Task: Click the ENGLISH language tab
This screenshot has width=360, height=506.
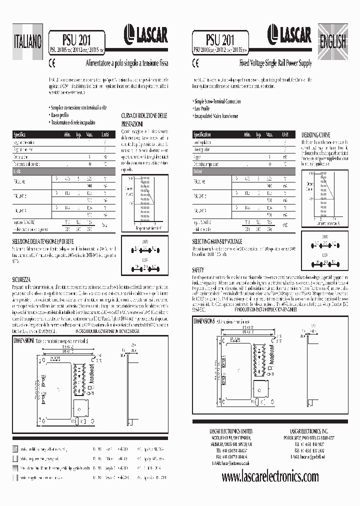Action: [333, 40]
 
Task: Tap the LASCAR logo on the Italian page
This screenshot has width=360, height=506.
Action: [146, 34]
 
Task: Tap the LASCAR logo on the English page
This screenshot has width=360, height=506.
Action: [289, 34]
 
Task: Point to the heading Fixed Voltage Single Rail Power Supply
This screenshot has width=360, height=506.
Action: [275, 64]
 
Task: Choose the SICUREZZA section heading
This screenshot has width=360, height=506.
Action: [23, 278]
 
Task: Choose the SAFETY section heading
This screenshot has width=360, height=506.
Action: [198, 270]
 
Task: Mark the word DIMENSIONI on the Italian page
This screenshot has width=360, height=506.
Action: [24, 340]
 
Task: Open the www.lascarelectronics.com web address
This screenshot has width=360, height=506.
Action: [269, 477]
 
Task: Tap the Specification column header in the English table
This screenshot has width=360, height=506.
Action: [202, 135]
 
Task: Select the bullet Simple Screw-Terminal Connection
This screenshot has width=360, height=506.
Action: [217, 101]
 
